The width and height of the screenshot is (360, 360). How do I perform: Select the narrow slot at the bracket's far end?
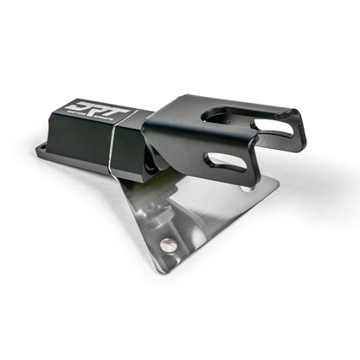click(x=278, y=130)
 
